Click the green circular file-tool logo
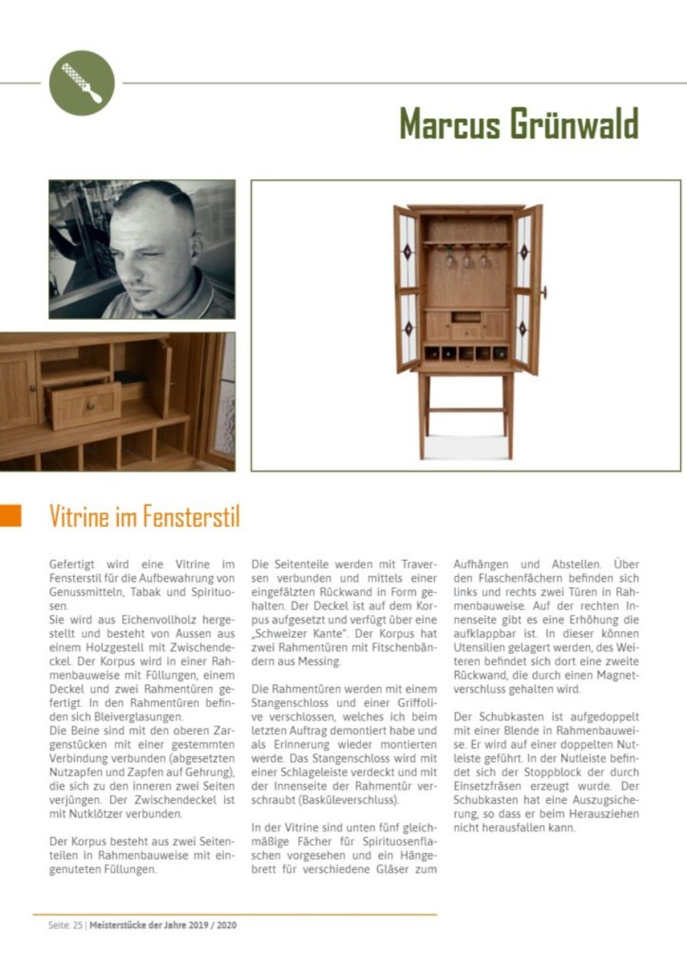[x=82, y=83]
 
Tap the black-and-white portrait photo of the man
[x=142, y=249]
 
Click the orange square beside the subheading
[x=11, y=516]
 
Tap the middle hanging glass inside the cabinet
[x=467, y=259]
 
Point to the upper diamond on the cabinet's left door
[x=407, y=252]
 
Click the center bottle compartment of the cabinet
[x=466, y=353]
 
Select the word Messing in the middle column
[x=326, y=661]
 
